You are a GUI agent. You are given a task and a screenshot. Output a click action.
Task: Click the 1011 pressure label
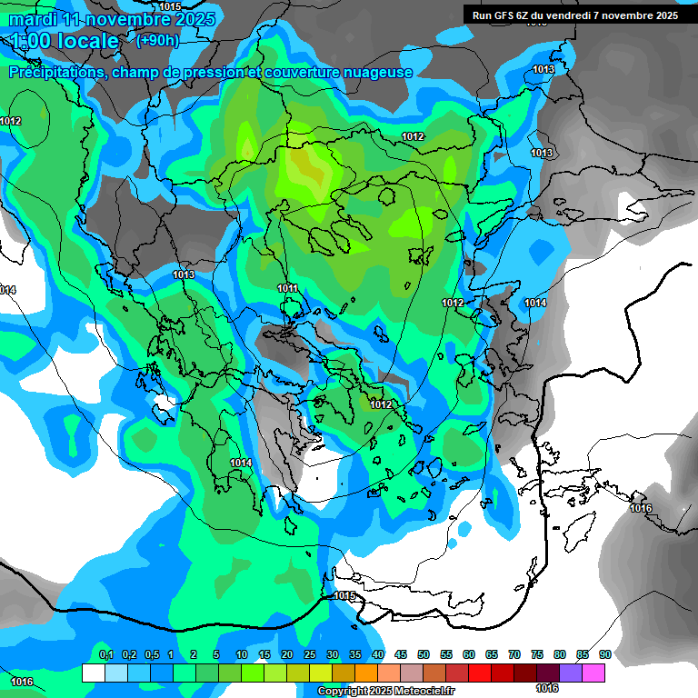(287, 288)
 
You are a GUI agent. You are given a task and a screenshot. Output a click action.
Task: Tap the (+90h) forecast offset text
(157, 40)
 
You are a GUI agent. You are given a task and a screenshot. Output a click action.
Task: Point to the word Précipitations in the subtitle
(57, 72)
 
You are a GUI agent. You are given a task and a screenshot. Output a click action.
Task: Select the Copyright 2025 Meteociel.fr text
(386, 692)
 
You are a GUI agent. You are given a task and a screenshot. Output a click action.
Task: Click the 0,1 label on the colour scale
(105, 655)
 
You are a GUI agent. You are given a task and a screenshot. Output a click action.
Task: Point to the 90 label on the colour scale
(605, 655)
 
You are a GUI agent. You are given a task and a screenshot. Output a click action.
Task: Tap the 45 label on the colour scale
(401, 655)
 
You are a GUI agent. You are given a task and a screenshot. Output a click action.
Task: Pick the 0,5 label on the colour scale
(151, 655)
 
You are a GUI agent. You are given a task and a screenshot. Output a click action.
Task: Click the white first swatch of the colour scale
(93, 673)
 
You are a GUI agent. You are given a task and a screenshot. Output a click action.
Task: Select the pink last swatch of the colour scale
(594, 673)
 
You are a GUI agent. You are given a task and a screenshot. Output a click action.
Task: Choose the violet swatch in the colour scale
(571, 673)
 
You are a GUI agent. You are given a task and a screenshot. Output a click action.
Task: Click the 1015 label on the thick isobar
(344, 596)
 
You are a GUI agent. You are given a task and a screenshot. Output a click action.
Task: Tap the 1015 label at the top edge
(170, 6)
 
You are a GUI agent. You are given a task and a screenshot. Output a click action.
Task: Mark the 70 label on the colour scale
(514, 655)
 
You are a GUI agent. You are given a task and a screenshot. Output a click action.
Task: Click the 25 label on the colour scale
(310, 655)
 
